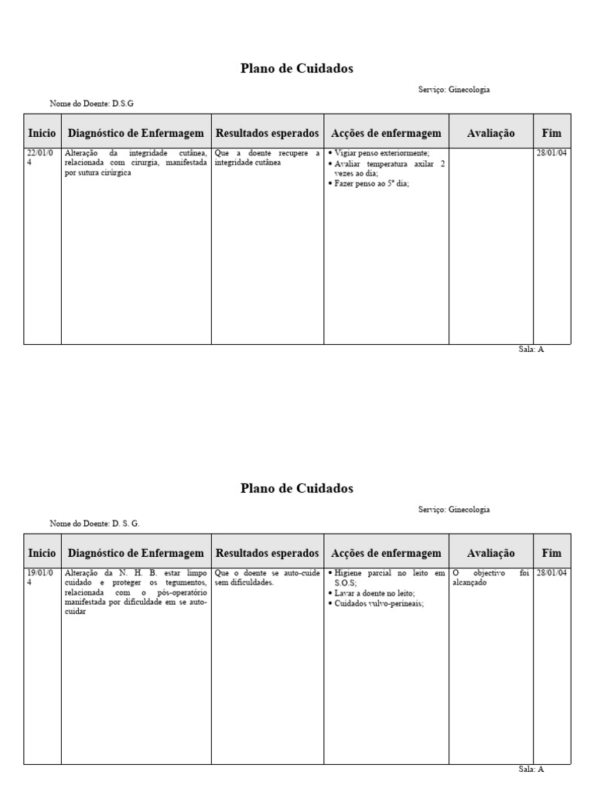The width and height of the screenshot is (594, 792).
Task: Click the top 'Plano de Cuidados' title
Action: click(297, 69)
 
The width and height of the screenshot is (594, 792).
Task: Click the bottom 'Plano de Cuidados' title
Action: click(297, 489)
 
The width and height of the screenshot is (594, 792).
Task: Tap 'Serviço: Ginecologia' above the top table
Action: click(454, 90)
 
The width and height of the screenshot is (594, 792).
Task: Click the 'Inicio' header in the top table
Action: click(42, 133)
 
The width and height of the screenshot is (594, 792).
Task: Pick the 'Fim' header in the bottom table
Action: click(551, 553)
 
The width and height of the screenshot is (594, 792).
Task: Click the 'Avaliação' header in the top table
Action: click(490, 133)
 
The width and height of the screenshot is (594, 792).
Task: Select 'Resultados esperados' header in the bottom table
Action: click(267, 553)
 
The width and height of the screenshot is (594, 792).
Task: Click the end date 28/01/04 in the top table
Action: click(551, 153)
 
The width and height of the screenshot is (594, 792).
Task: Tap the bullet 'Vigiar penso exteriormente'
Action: click(382, 153)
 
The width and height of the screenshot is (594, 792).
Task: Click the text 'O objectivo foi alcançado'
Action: click(490, 578)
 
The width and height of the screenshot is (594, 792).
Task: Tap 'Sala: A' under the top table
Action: click(531, 350)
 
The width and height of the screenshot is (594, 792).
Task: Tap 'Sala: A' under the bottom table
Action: click(531, 770)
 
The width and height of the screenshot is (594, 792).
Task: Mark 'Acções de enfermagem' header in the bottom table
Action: click(386, 553)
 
